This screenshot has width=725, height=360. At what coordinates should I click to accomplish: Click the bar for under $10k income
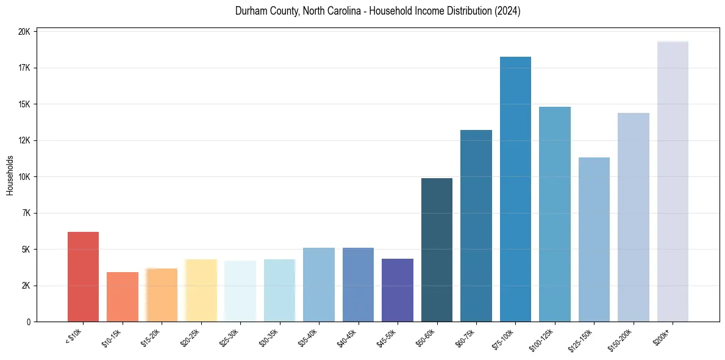click(x=83, y=277)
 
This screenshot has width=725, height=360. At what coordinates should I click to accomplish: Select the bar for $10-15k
click(x=123, y=297)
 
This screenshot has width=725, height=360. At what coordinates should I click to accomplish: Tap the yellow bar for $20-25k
click(x=201, y=290)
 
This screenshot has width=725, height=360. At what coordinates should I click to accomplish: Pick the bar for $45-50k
click(x=398, y=290)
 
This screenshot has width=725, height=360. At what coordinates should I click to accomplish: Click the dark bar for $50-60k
click(x=437, y=250)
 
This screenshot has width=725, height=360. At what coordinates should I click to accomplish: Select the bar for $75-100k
click(x=515, y=189)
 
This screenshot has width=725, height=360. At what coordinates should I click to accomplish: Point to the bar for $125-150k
click(x=594, y=240)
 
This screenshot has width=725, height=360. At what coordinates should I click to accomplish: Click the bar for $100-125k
click(x=555, y=214)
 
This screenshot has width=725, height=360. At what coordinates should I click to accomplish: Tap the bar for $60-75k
click(x=476, y=226)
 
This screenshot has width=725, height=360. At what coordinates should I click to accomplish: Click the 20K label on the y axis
click(x=24, y=32)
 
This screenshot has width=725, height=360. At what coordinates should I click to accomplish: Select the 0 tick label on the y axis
click(x=28, y=322)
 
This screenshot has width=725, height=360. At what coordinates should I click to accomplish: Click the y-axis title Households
click(x=10, y=176)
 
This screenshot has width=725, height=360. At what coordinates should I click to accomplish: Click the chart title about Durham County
click(x=377, y=11)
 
